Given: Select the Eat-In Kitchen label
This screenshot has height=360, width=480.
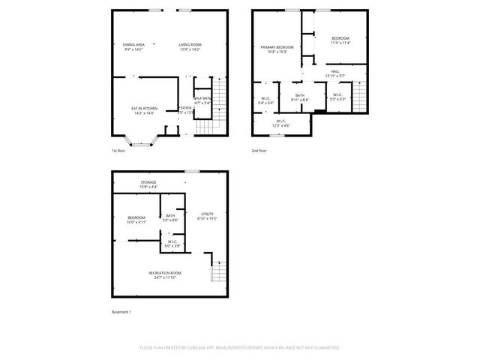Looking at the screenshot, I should pos(144,109).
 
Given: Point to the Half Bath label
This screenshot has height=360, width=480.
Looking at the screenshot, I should pos(202,99).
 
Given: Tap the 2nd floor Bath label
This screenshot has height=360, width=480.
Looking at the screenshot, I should pos(299,97).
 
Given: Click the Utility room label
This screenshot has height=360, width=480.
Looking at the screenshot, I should pos(207,215).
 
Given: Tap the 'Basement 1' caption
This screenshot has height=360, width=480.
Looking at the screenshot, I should pos(121,311).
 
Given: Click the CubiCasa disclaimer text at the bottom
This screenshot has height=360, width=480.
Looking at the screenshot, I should pos(240,348).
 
